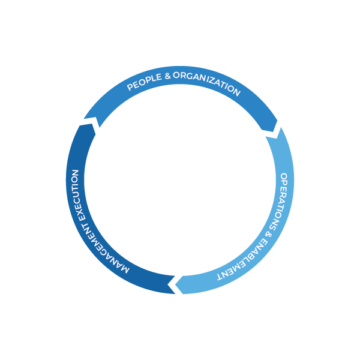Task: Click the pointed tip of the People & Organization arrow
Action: point(277,130)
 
